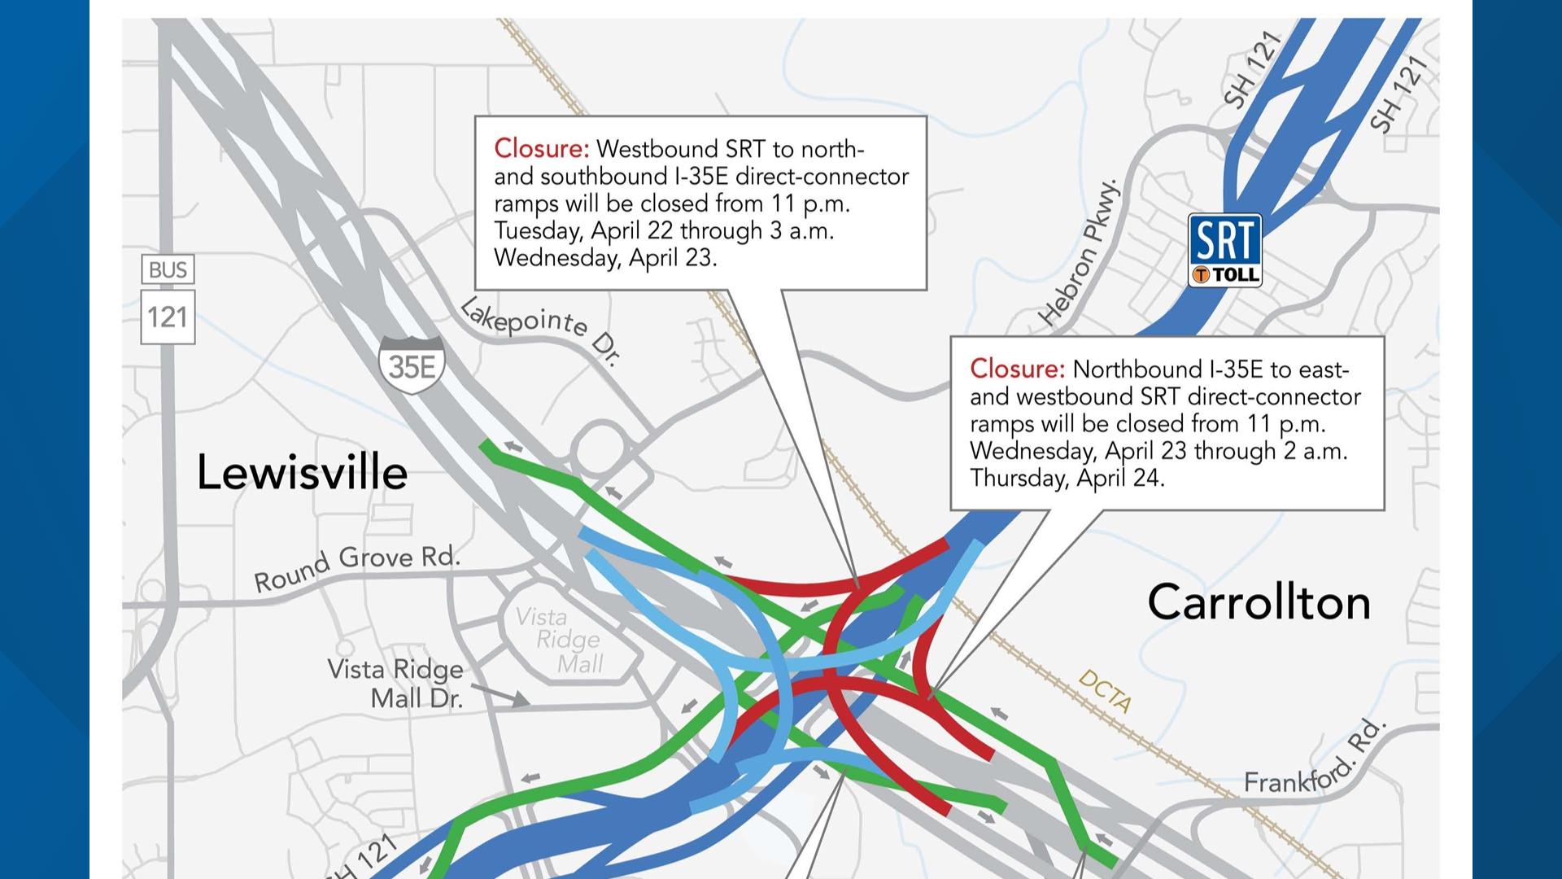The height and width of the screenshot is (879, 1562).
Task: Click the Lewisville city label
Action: (302, 473)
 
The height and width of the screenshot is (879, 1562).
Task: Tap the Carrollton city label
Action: (1259, 603)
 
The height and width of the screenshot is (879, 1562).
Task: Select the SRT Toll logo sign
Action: (1225, 250)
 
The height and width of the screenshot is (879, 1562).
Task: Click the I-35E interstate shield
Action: (412, 365)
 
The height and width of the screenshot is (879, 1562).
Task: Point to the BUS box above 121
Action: (168, 270)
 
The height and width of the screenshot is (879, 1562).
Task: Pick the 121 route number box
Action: (168, 317)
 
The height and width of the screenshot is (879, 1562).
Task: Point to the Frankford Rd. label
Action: (1314, 759)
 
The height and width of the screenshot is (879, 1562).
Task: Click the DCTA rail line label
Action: (1105, 691)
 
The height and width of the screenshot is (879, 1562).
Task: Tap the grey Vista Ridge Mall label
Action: (568, 641)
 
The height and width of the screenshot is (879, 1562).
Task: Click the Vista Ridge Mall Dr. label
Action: (396, 684)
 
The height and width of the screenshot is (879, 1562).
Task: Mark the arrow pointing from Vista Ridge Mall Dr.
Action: (500, 694)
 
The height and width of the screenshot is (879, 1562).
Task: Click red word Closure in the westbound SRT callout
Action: (541, 149)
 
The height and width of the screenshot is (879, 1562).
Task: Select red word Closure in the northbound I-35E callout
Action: (1017, 370)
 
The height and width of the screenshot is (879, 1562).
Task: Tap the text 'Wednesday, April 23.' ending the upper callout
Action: (605, 258)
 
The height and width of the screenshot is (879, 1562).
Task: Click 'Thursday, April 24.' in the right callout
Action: (1067, 478)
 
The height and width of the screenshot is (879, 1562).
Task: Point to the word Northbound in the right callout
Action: (1137, 370)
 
